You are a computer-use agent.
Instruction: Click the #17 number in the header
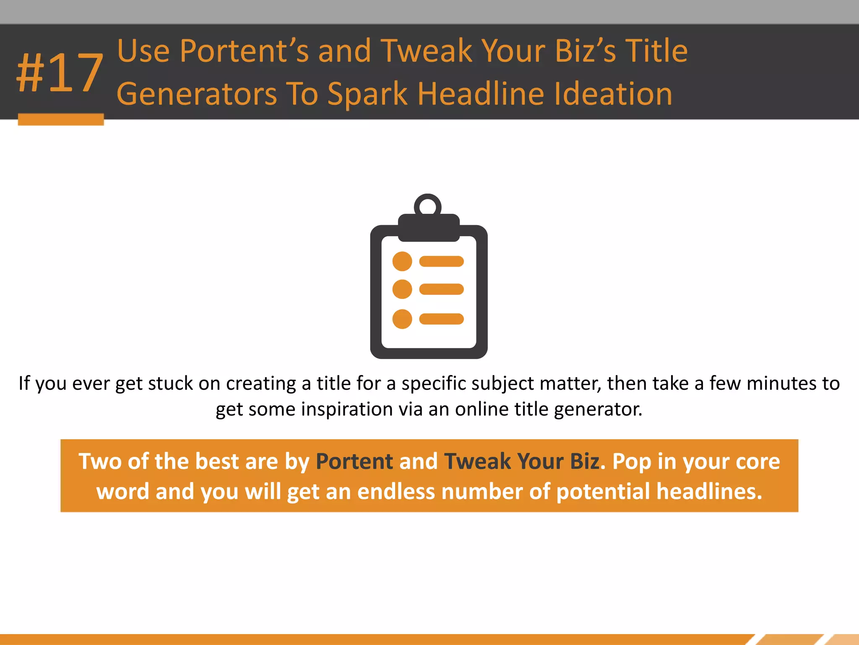coord(60,73)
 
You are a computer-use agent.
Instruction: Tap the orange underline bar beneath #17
coord(61,119)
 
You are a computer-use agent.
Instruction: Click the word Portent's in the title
coord(244,51)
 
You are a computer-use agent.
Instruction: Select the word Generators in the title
coord(197,94)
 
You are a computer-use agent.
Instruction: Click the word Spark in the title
coord(367,94)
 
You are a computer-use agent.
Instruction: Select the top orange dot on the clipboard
coord(402,261)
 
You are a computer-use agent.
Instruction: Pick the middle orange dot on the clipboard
coord(402,289)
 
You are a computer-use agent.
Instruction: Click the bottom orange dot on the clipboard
coord(402,319)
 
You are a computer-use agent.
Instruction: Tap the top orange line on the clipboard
coord(441,261)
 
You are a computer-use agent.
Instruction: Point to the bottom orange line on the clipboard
coord(441,319)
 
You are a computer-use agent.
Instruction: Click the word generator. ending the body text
coord(598,409)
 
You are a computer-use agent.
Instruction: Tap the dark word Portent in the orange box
coord(354,461)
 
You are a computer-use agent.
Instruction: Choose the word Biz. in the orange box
coord(588,461)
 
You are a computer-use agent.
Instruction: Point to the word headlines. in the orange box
coord(709,492)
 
